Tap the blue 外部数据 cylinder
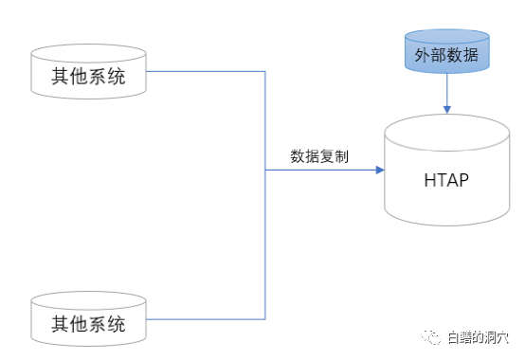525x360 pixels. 447,54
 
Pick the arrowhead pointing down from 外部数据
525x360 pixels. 446,110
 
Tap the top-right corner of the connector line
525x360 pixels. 264,71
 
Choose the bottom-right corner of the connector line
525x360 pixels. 264,316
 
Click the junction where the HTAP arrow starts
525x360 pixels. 264,171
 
